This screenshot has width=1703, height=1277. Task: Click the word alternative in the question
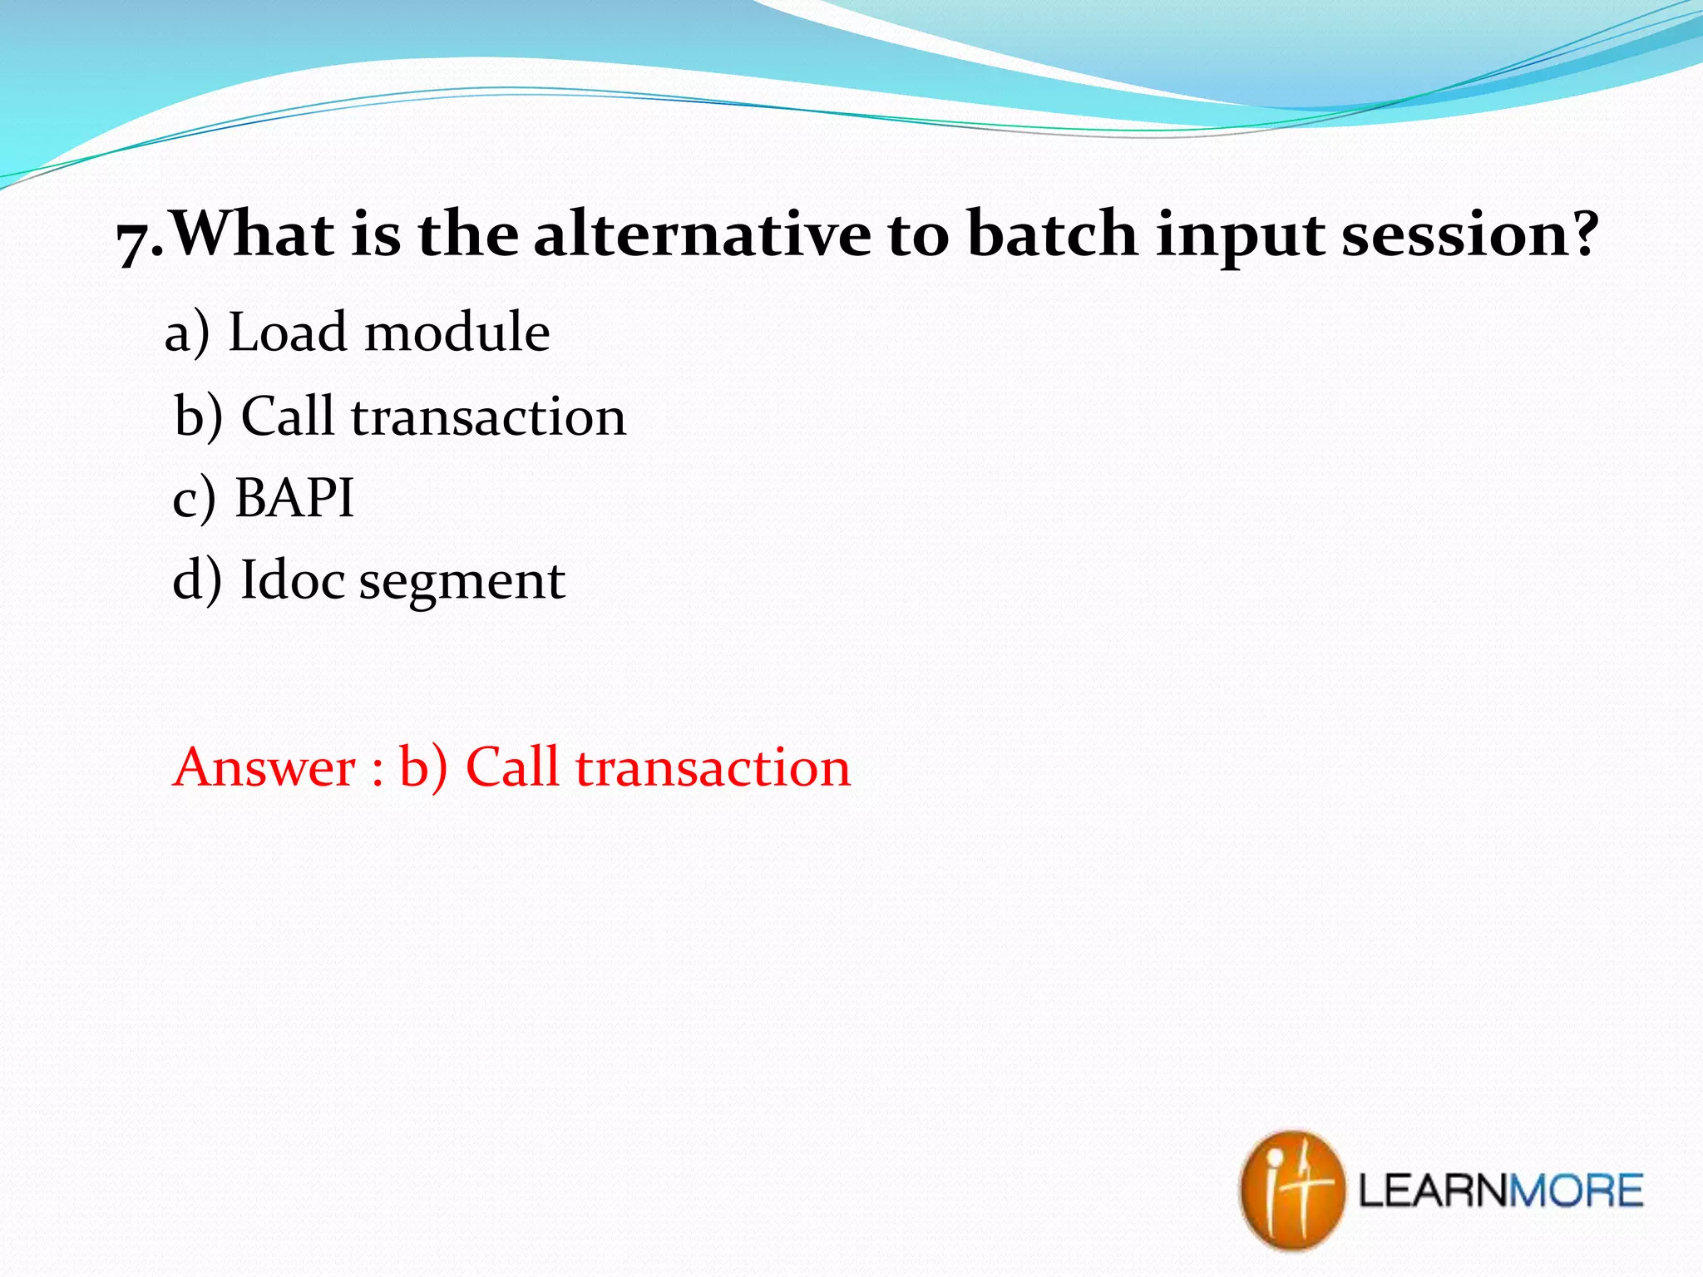coord(702,234)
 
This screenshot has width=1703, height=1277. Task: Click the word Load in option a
coord(287,333)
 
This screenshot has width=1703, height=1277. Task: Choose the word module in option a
coord(457,333)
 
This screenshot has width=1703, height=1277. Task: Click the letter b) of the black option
coord(199,416)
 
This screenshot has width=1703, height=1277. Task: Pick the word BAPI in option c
coord(294,498)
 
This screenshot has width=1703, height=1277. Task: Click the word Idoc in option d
coord(292,579)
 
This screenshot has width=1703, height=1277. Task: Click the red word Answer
coord(264,767)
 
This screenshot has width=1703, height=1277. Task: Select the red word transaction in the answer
coord(713,767)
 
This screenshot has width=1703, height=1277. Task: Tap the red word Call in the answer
coord(512,767)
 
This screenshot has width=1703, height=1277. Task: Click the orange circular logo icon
coord(1291,1190)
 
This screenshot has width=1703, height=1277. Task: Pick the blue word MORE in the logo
coord(1575,1191)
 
